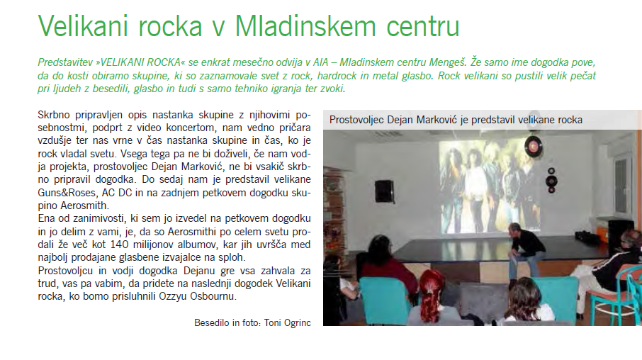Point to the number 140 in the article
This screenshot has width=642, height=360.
pos(120,244)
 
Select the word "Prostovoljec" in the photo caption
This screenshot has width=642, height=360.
pos(356,120)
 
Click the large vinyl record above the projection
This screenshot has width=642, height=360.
pos(533,145)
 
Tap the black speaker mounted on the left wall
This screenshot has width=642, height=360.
pos(384,191)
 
